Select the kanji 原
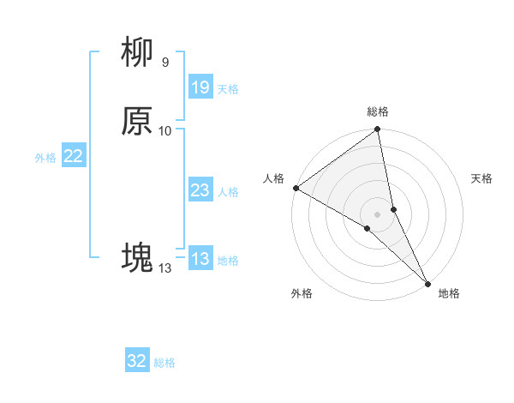(x=137, y=122)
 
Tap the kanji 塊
(x=137, y=256)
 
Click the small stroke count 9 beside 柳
(x=164, y=63)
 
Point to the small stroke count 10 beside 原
(x=165, y=130)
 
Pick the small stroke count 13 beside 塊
(x=164, y=268)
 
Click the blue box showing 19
(x=200, y=87)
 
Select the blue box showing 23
(x=200, y=190)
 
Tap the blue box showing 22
(x=74, y=156)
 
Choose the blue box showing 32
(x=137, y=361)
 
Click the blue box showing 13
(x=200, y=259)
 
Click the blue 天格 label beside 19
(x=228, y=88)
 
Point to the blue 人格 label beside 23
(x=228, y=191)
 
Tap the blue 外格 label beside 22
(x=45, y=157)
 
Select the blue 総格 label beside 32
(x=164, y=362)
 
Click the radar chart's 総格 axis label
(x=378, y=111)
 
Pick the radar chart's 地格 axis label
(x=449, y=293)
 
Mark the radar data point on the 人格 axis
(x=296, y=188)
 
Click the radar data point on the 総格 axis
(x=378, y=130)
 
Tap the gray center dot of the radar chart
(x=378, y=214)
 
